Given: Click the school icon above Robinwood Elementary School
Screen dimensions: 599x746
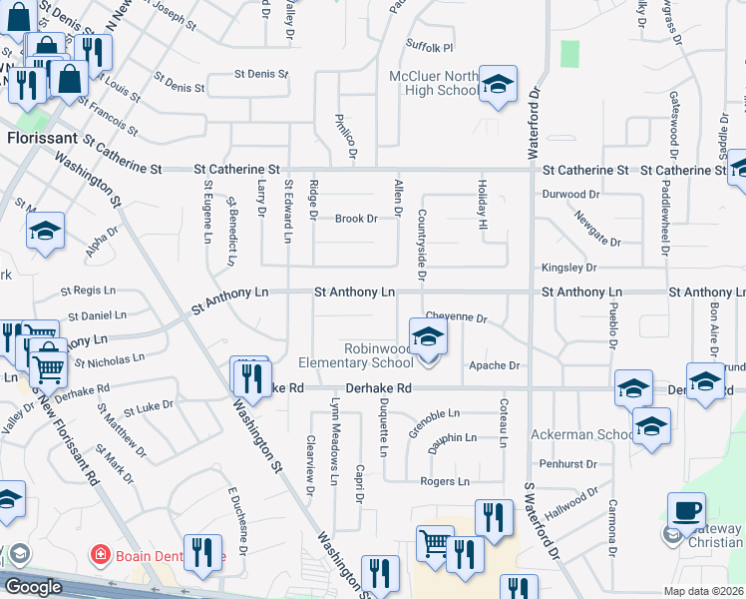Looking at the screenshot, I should (x=428, y=336).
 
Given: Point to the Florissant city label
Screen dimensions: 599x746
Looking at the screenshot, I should (x=42, y=139).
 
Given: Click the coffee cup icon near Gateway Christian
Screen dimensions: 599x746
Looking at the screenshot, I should (x=686, y=511).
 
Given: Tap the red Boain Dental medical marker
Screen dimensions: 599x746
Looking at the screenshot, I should (x=100, y=554).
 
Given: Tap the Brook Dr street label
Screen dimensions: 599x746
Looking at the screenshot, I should (x=356, y=219).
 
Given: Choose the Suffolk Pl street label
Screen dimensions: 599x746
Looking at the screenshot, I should (x=430, y=47).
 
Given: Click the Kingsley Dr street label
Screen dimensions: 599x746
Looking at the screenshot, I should (x=568, y=268).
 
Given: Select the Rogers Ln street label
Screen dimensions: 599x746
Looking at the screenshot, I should (x=444, y=481).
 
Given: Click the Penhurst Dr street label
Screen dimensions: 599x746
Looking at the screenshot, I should (x=568, y=464).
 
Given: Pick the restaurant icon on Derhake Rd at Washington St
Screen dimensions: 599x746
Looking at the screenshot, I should (x=250, y=377).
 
